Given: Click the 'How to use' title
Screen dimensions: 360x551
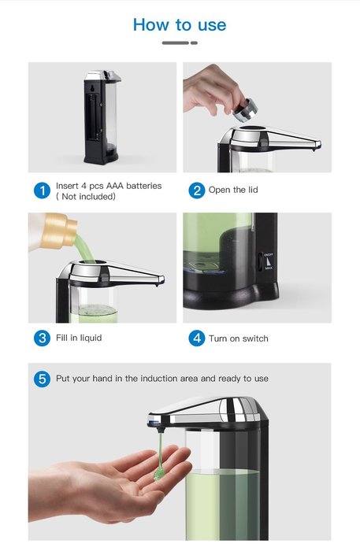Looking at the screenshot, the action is (180, 24).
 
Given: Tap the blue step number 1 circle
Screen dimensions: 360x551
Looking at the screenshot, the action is (43, 190).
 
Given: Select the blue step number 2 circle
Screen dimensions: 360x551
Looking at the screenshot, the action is (197, 190).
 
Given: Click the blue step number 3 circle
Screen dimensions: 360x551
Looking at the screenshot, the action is (43, 338).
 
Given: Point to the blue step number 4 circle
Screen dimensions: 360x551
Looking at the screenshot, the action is (197, 338).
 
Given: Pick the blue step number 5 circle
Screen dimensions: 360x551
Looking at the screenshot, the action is (43, 379).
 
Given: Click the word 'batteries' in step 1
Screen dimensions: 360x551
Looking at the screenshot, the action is (144, 186).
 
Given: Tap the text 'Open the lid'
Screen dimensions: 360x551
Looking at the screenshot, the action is (233, 190).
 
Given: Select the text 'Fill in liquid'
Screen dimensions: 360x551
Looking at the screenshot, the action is (79, 338).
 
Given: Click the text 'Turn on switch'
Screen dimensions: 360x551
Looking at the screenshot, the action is (239, 338).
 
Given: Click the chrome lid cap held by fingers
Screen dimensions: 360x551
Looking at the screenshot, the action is (245, 110).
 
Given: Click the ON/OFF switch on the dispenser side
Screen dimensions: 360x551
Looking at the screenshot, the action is (261, 261).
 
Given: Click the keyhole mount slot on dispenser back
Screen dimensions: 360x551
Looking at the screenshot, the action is (92, 88).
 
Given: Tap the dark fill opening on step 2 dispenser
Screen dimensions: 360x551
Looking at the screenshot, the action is (252, 128).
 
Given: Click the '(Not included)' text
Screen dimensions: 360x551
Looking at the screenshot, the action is (86, 197).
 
